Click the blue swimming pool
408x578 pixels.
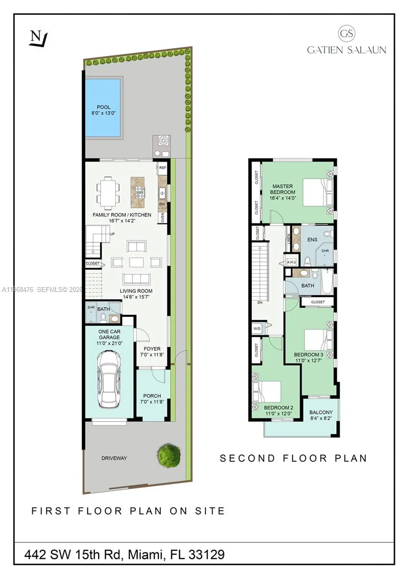(x=103, y=106)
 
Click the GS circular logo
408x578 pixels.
(x=346, y=34)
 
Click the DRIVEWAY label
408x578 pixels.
(x=114, y=458)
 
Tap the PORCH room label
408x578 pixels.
(x=152, y=396)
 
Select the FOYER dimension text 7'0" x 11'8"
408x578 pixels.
(x=152, y=355)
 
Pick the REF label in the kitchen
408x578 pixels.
(x=163, y=168)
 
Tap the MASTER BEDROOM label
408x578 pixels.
(x=283, y=189)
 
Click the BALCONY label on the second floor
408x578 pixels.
(x=321, y=412)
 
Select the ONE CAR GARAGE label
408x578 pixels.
(x=109, y=335)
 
